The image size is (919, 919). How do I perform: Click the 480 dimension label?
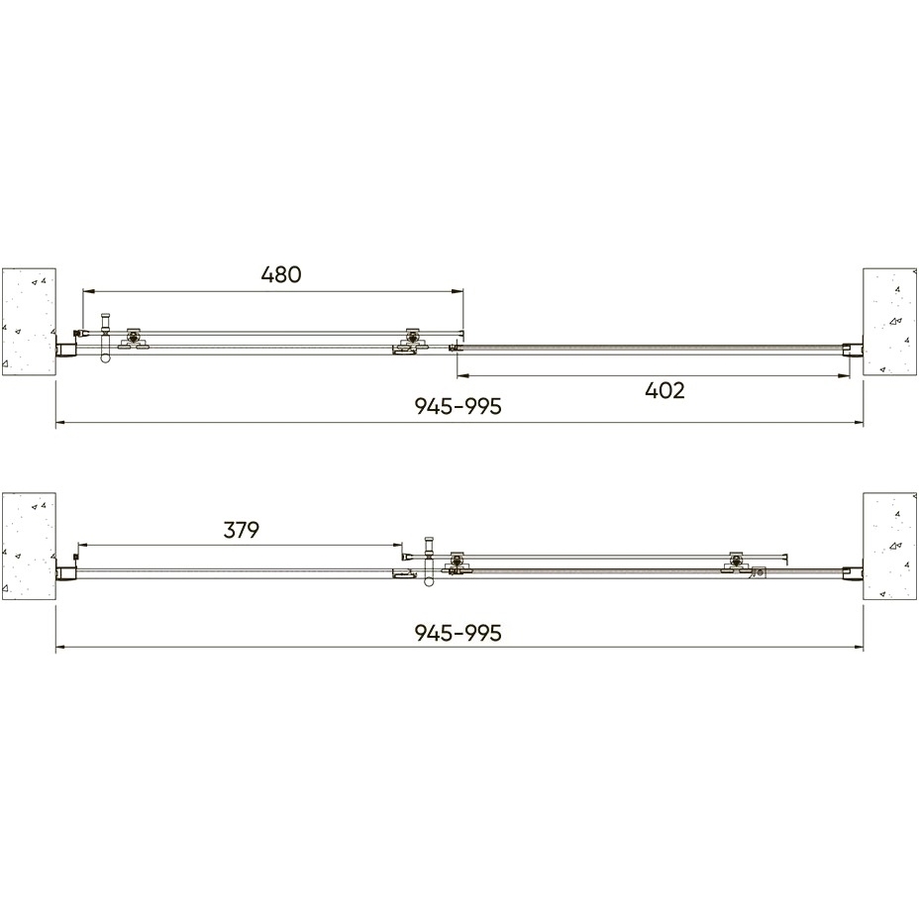pyautogui.click(x=281, y=274)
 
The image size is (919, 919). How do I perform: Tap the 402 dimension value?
pyautogui.click(x=664, y=390)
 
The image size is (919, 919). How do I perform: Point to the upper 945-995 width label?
pyautogui.click(x=459, y=406)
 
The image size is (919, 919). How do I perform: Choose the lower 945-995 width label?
pyautogui.click(x=459, y=633)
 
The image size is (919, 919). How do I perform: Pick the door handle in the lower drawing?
pyautogui.click(x=430, y=562)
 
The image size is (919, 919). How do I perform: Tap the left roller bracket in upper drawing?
pyautogui.click(x=135, y=338)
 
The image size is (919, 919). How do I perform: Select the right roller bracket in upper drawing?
pyautogui.click(x=412, y=340)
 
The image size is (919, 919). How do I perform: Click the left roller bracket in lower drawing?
pyautogui.click(x=458, y=562)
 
